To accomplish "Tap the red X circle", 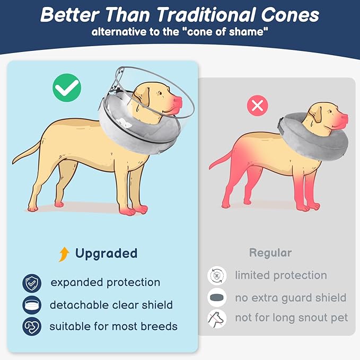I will click(258, 106).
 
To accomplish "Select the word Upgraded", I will click(106, 253).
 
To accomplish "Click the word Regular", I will click(270, 253).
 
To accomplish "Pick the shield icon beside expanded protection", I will click(32, 283).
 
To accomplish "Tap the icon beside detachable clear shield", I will click(32, 305).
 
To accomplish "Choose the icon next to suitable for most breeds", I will click(32, 326).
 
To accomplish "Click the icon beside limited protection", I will click(217, 276).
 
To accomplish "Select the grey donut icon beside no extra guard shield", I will click(217, 297).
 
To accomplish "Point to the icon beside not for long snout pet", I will click(217, 318).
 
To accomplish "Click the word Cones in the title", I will click(289, 14).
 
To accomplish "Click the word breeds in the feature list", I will click(157, 326).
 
